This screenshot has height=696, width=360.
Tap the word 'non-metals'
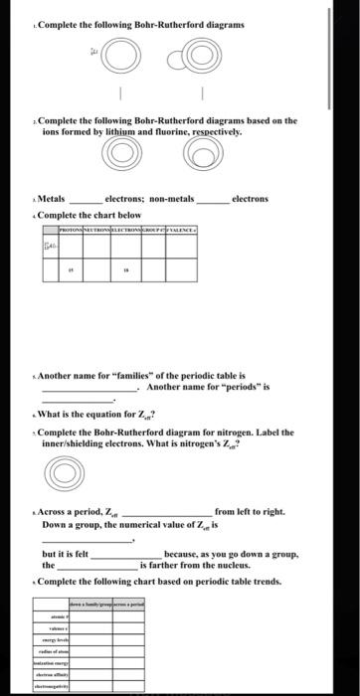pos(173,198)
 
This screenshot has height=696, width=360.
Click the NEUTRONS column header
pos(101,228)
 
